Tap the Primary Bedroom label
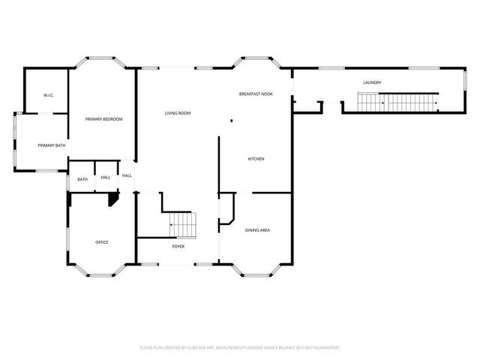(x=103, y=119)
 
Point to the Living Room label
(x=178, y=113)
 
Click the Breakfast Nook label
(x=255, y=94)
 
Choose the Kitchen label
(x=256, y=158)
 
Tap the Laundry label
(x=372, y=82)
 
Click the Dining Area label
(x=257, y=229)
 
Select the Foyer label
(x=178, y=246)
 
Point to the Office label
(x=102, y=241)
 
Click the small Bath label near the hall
(x=82, y=178)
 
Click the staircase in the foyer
(x=181, y=223)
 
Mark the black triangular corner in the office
(x=114, y=198)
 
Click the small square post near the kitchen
(x=232, y=120)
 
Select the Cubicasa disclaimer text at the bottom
(x=240, y=347)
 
